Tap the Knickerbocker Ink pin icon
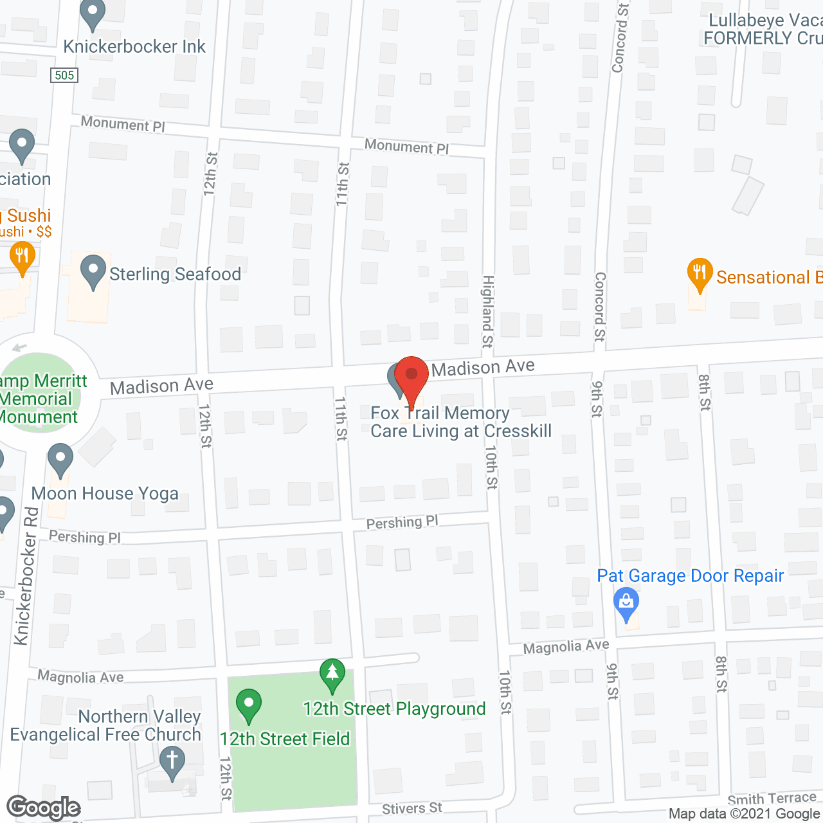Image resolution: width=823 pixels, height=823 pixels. pyautogui.click(x=93, y=14)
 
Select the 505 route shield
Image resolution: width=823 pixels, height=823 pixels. pyautogui.click(x=64, y=75)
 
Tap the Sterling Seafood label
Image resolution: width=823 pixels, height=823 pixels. pyautogui.click(x=175, y=275)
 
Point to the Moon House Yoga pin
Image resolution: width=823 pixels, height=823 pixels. pyautogui.click(x=60, y=459)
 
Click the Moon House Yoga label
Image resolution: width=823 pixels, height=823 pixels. pyautogui.click(x=105, y=493)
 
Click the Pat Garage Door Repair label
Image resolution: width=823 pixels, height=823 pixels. pyautogui.click(x=690, y=575)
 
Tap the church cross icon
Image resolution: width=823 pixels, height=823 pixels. pyautogui.click(x=172, y=761)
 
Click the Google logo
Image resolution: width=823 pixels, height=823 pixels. pyautogui.click(x=43, y=808)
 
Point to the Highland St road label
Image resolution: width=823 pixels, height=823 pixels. pyautogui.click(x=488, y=312)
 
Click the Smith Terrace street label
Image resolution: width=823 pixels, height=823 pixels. pyautogui.click(x=772, y=799)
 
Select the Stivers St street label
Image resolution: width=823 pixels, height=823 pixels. pyautogui.click(x=412, y=808)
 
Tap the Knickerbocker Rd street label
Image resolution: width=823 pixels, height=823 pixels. pyautogui.click(x=26, y=575)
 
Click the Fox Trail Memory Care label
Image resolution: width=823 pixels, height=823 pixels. pyautogui.click(x=460, y=422)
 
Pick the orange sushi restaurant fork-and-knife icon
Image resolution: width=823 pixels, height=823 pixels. pyautogui.click(x=23, y=257)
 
